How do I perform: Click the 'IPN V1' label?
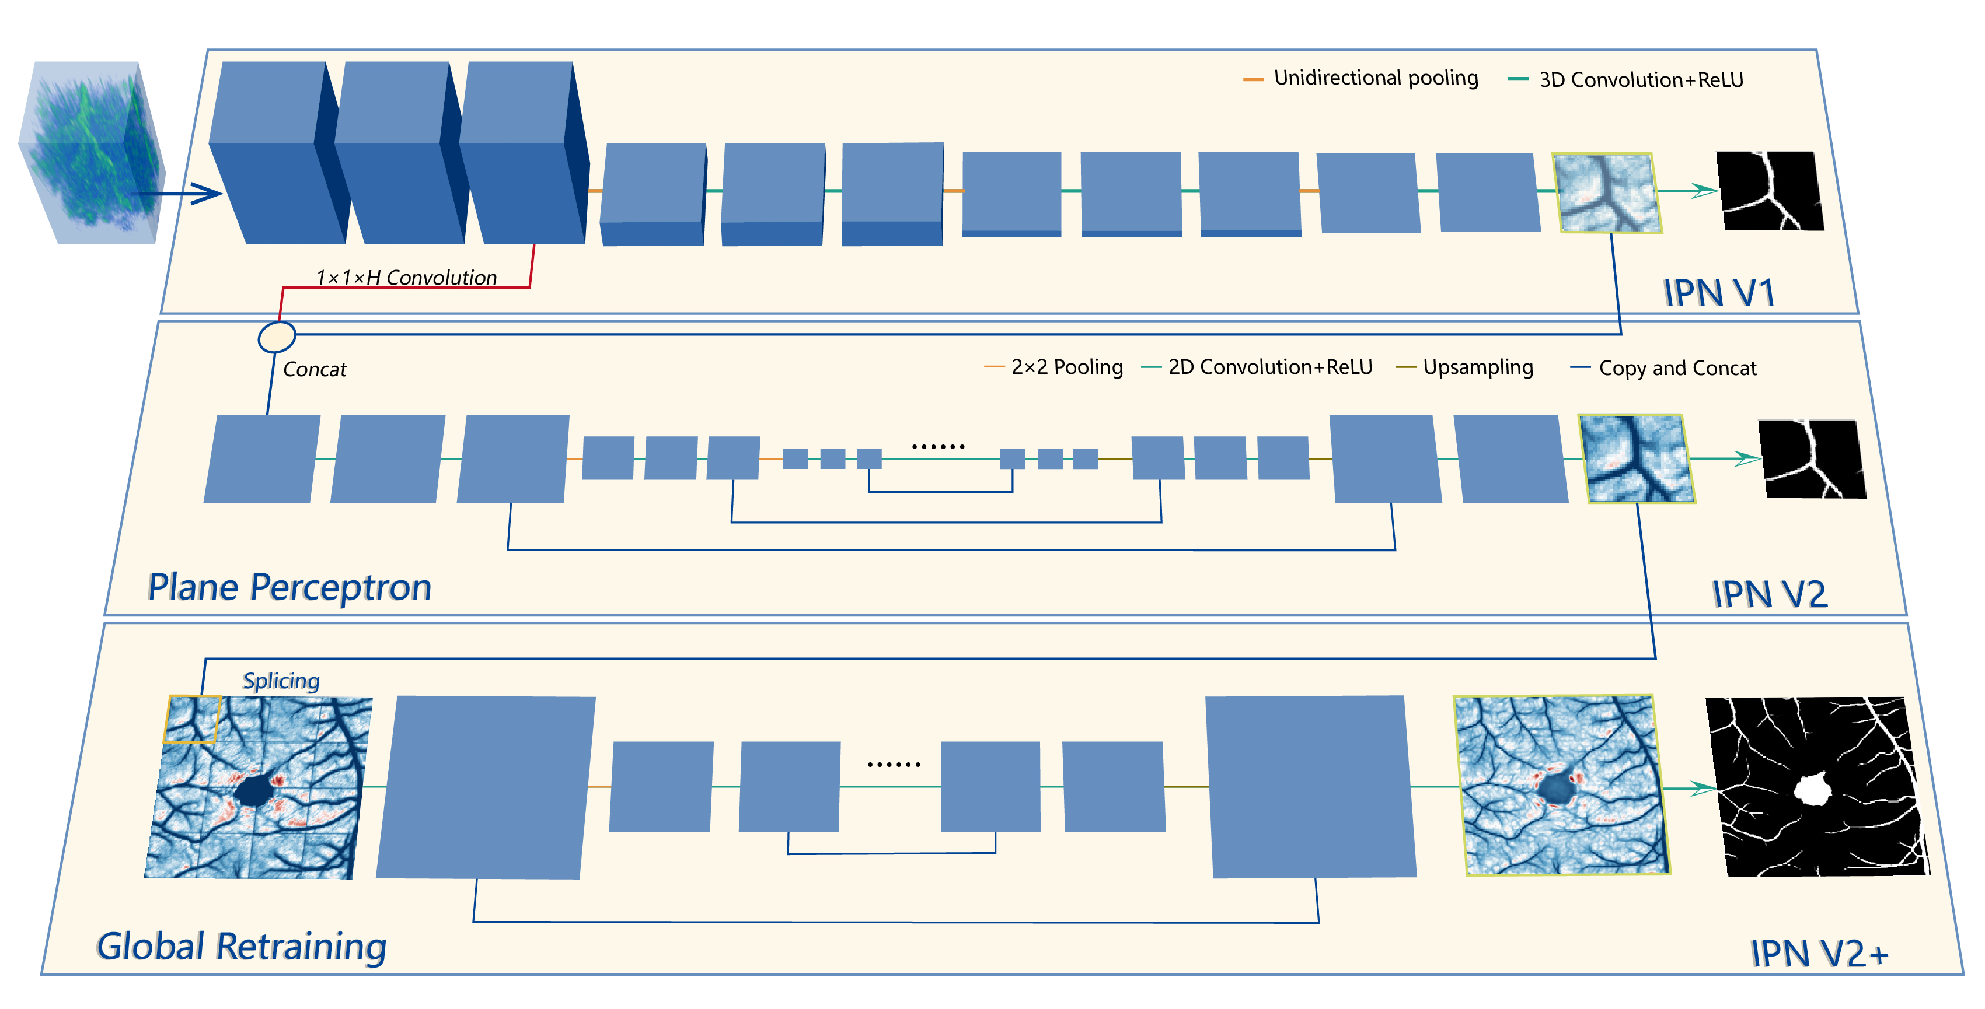click(1718, 293)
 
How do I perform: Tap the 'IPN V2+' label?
click(1819, 954)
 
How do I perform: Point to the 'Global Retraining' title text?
click(241, 946)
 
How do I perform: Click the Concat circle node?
click(276, 337)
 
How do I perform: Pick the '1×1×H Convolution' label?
click(406, 277)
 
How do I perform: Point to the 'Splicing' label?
click(281, 681)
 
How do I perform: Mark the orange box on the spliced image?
click(192, 719)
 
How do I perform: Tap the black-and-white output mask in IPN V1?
click(1770, 191)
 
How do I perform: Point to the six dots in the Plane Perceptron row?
click(938, 446)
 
